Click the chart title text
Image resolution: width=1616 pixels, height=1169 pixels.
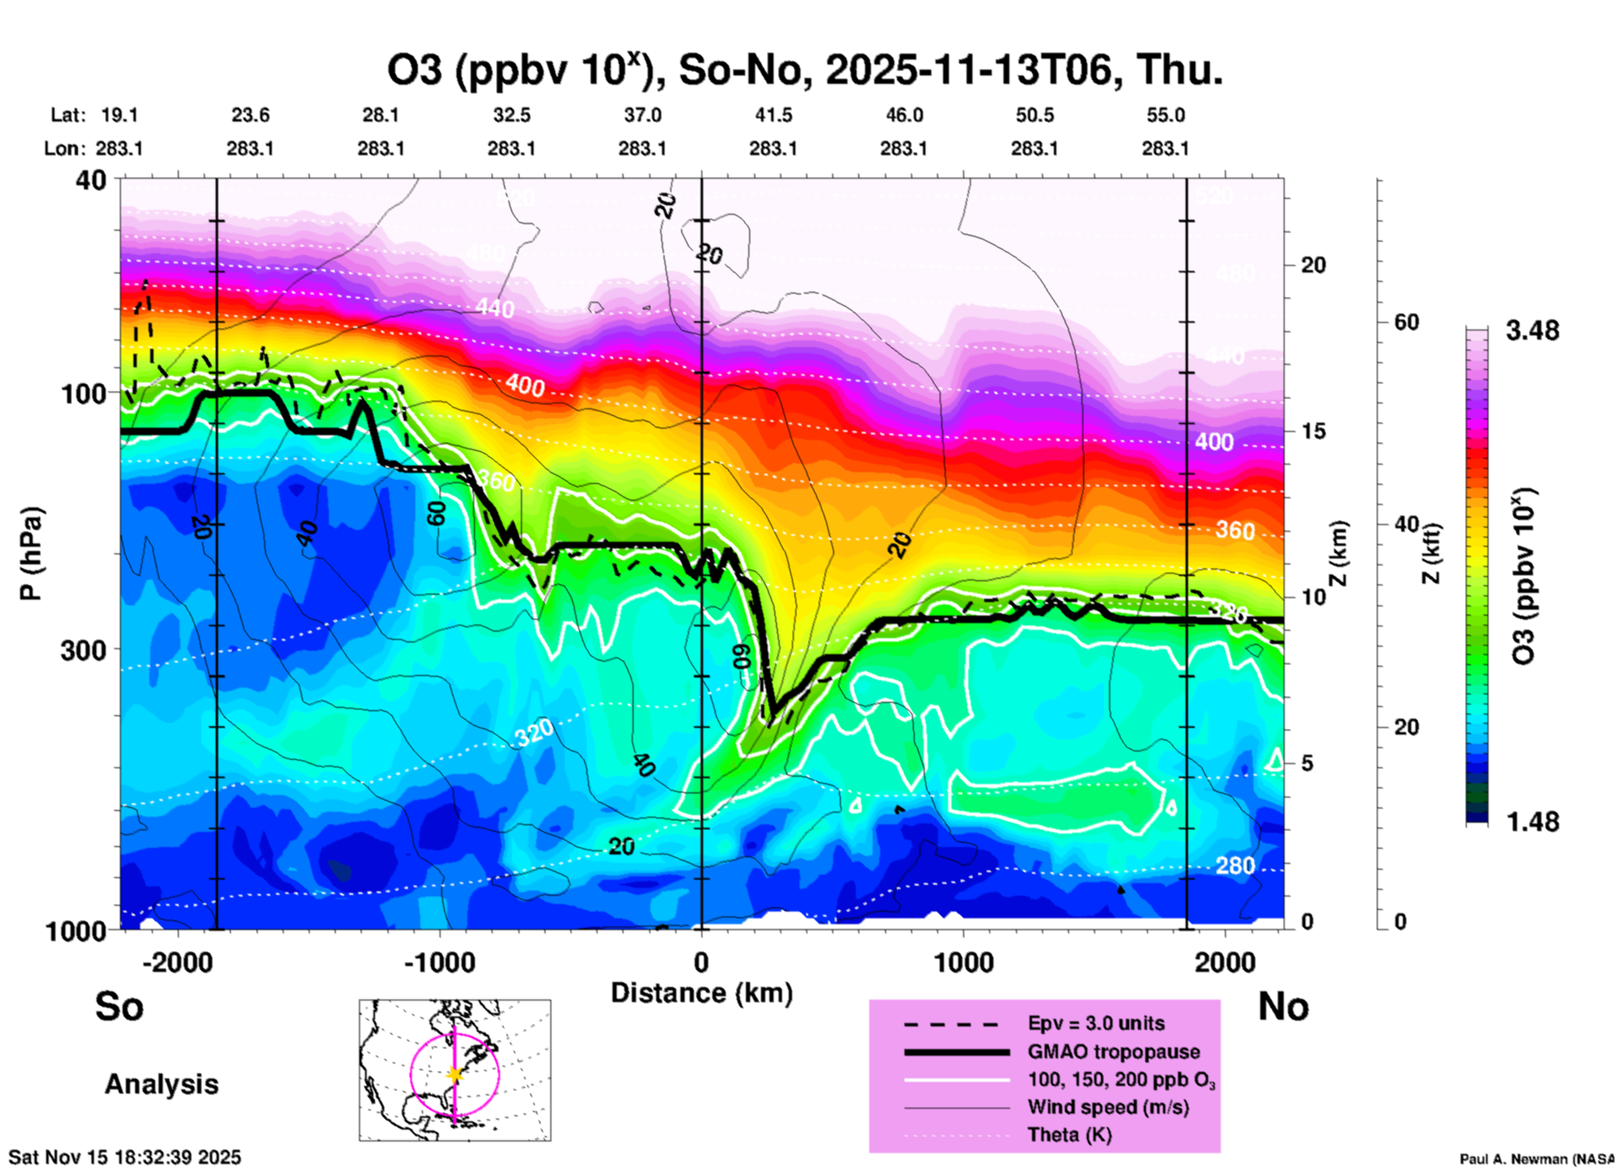[804, 70]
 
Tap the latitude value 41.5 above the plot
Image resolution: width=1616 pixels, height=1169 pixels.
[773, 115]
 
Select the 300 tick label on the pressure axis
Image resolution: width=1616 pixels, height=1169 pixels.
[84, 650]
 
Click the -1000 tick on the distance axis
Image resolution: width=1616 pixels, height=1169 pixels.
[439, 963]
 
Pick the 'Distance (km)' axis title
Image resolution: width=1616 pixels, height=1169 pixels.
[701, 993]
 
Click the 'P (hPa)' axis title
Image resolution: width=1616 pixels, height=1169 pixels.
[31, 553]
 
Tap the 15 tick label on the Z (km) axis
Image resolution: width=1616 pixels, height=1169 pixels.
[1313, 431]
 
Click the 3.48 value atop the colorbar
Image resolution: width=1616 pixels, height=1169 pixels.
[1532, 330]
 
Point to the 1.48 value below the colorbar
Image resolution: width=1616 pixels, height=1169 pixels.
[1532, 821]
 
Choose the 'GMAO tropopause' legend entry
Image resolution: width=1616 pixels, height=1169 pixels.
[1113, 1052]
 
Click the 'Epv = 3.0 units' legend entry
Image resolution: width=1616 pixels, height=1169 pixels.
[1096, 1023]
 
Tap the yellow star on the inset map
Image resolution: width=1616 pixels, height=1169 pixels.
[454, 1074]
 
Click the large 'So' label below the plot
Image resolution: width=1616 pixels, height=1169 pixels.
[119, 1005]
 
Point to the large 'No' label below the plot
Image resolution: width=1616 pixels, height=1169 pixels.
[1283, 1005]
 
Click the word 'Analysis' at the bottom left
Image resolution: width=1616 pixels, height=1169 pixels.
[161, 1084]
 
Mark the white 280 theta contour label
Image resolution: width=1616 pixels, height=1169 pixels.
[1234, 865]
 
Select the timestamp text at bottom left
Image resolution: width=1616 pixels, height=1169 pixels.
[125, 1157]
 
